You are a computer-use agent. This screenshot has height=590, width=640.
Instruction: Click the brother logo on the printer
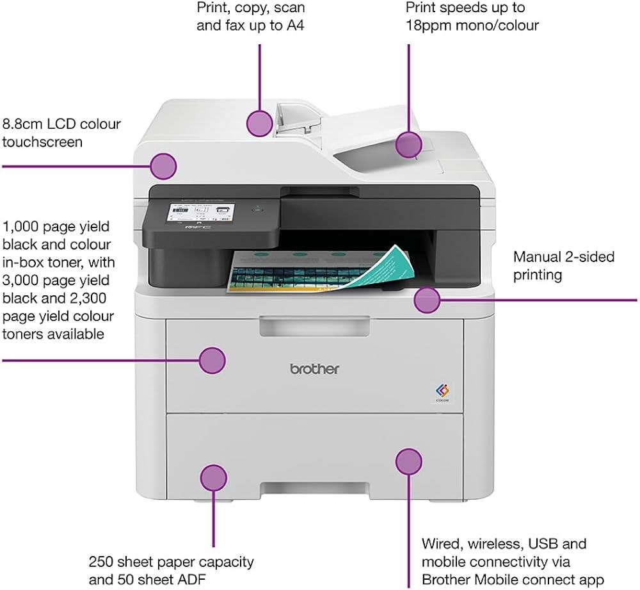pos(314,369)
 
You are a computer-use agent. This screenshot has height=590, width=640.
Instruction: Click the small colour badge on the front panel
pos(442,393)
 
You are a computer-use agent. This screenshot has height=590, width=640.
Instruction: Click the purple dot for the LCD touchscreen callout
pos(163,167)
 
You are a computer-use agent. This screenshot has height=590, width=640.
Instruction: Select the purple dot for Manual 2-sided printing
pos(427,300)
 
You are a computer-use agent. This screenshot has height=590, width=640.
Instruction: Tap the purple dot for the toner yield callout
pos(212,361)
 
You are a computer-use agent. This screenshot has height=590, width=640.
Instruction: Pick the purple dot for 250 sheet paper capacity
pos(214,478)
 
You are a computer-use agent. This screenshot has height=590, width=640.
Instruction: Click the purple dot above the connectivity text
pos(408,462)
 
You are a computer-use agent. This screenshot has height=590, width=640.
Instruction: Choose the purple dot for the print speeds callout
pos(408,145)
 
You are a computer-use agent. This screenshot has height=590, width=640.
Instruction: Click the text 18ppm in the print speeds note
pos(429,26)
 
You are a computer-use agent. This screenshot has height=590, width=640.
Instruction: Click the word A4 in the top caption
pos(296,26)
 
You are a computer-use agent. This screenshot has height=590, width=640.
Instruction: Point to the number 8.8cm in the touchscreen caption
pos(23,124)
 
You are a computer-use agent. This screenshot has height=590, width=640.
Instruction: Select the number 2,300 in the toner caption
pos(88,299)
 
